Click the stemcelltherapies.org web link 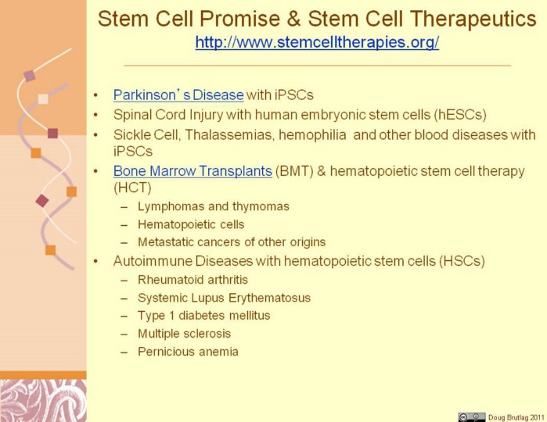[x=317, y=42]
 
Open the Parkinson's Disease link [x=178, y=95]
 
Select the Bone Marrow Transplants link [x=193, y=170]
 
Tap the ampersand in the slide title [x=294, y=19]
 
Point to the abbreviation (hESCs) [x=460, y=115]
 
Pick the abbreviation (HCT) [x=132, y=188]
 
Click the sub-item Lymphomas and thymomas [x=214, y=206]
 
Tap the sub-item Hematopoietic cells [x=191, y=224]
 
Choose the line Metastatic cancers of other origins [x=232, y=241]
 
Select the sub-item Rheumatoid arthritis [x=193, y=280]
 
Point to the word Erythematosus [x=269, y=298]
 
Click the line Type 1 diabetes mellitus [x=203, y=316]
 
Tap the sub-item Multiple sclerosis [x=184, y=334]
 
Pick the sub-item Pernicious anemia [x=188, y=351]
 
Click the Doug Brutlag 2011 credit [x=516, y=417]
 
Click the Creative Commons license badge [x=472, y=417]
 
